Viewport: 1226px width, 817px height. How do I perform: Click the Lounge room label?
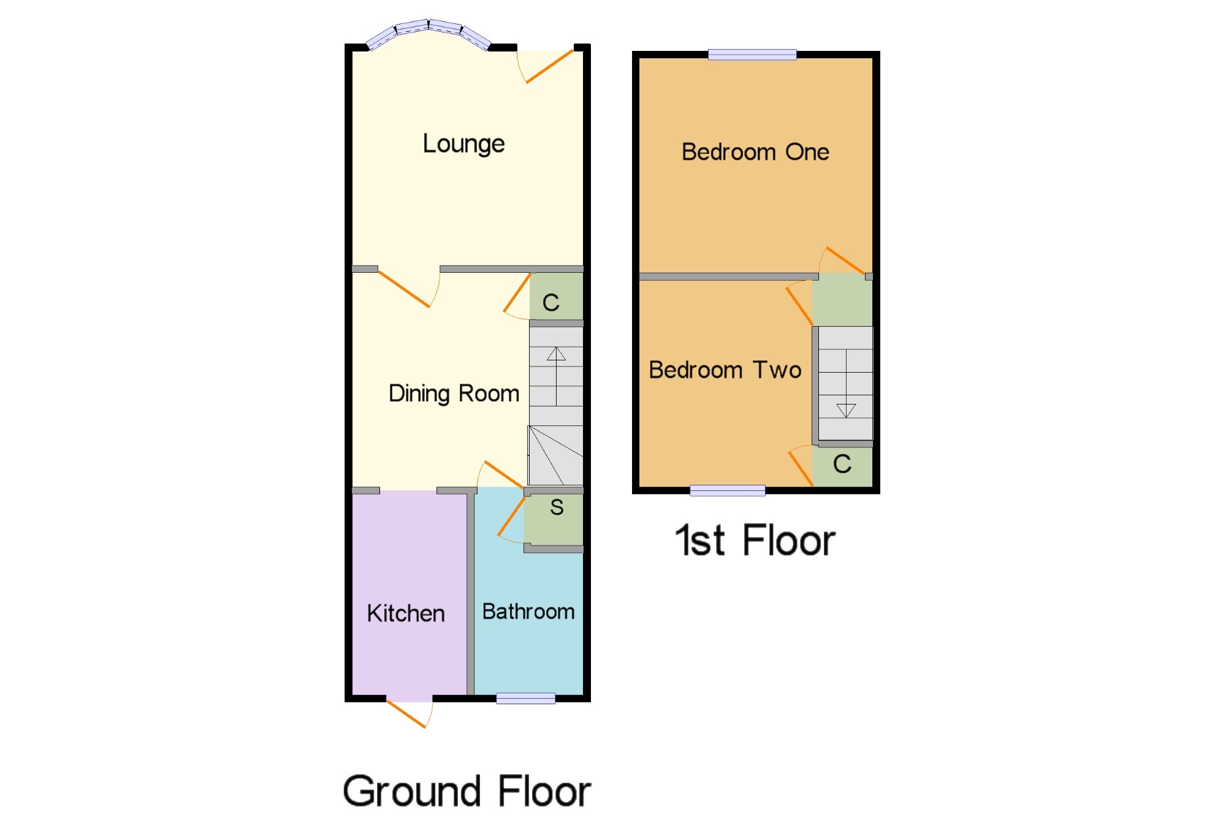coord(463,145)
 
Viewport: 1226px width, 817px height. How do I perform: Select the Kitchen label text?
coord(406,614)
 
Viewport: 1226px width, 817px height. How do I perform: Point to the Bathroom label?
coord(528,612)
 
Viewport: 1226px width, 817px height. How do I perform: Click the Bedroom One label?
coord(755,152)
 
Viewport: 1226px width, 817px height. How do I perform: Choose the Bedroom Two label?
coord(725,370)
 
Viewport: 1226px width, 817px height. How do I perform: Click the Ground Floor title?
coord(467,791)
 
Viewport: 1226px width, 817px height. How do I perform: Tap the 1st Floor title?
coord(755,541)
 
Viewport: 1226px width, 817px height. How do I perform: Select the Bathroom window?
coord(526,698)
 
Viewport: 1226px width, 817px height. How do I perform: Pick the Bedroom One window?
coord(752,55)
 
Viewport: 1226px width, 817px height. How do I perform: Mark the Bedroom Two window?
coord(728,490)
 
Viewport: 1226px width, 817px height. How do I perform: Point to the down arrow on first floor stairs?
coord(846,384)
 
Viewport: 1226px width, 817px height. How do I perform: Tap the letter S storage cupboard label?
coord(557,507)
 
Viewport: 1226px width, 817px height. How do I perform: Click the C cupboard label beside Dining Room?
coord(551,302)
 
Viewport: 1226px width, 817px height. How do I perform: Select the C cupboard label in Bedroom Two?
coord(842,464)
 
